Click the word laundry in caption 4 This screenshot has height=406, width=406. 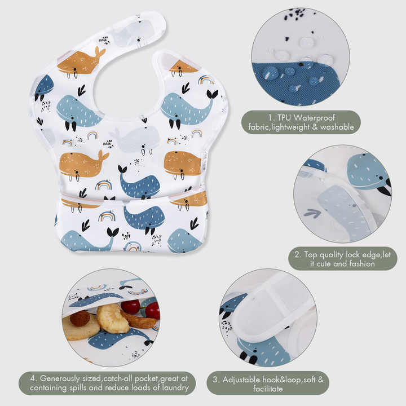pos(172,389)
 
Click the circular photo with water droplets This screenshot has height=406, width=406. pos(300,56)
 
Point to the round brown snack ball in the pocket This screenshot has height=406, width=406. pos(80,318)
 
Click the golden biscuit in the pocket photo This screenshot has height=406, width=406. pos(112,318)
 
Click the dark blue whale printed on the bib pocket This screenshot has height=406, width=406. pos(144,217)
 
